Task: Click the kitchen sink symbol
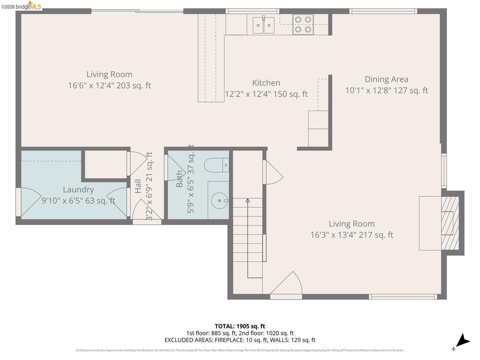263,25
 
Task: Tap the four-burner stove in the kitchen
303,24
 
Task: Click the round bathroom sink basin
219,200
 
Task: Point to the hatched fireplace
450,223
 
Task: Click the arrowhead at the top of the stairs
248,200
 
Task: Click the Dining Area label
386,79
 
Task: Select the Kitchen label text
266,83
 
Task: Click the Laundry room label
78,190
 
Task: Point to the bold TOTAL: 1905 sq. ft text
240,326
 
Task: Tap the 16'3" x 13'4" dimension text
352,235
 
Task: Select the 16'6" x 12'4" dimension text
109,85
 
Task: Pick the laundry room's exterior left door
28,202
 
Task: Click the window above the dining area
383,11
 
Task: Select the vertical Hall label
138,186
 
